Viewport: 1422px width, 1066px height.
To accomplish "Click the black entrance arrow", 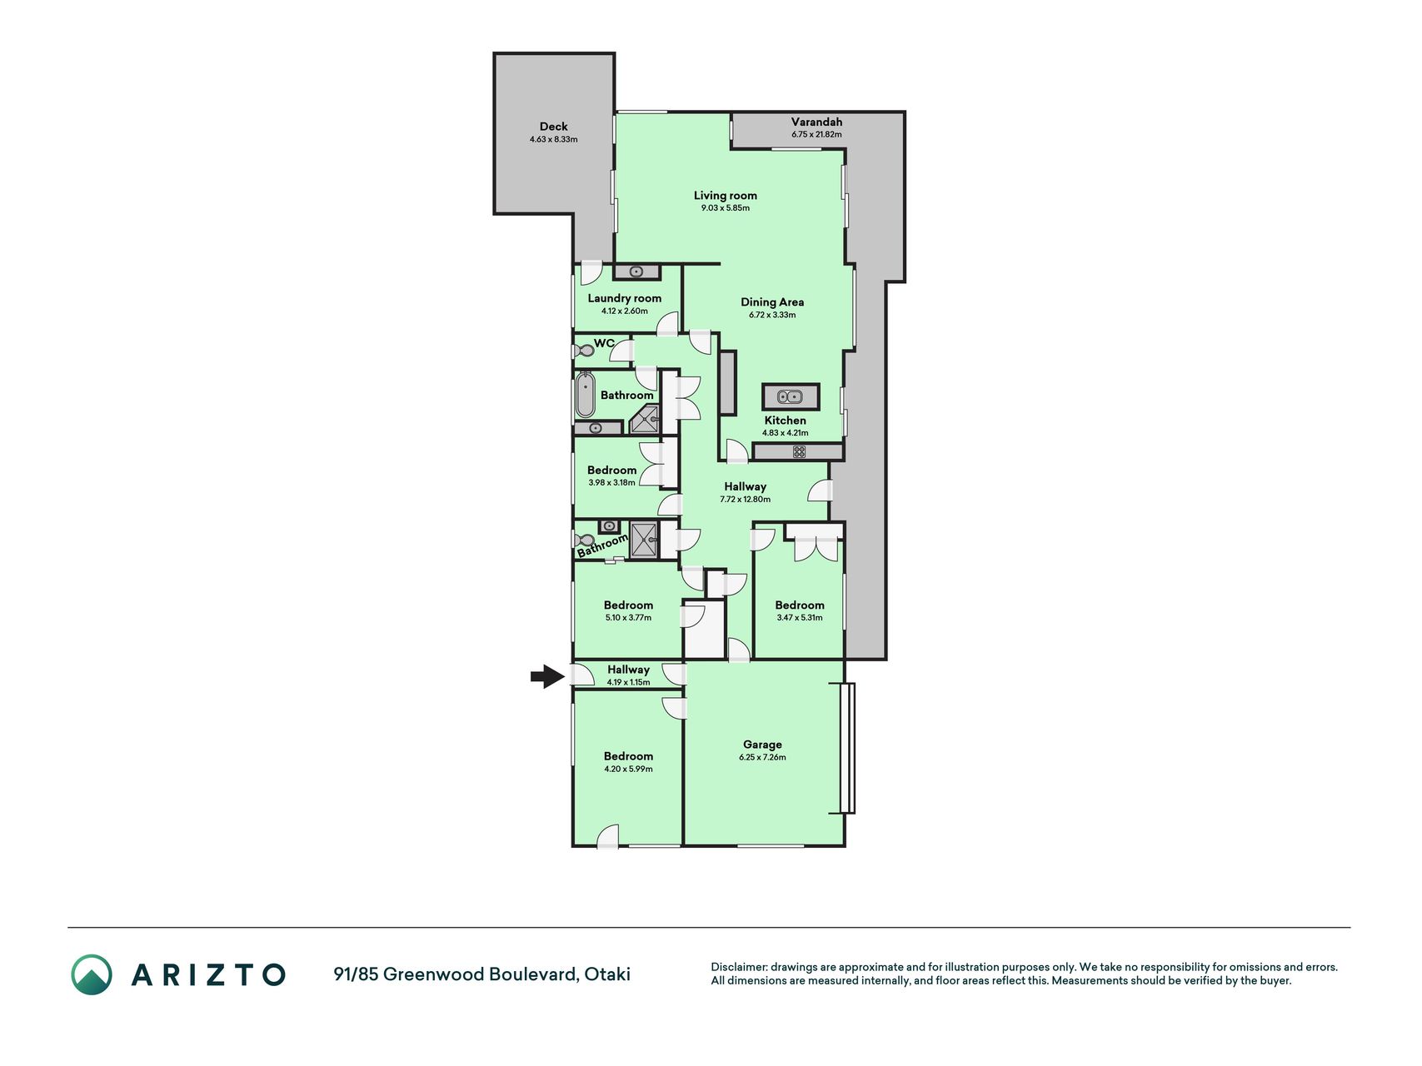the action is click(x=547, y=676).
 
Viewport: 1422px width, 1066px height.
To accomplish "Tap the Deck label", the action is click(x=553, y=127).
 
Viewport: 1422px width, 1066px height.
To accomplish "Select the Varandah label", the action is click(x=816, y=122).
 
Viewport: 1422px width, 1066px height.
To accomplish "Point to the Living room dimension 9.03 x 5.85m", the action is click(x=725, y=208).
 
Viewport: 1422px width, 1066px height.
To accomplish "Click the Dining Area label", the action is click(x=772, y=301).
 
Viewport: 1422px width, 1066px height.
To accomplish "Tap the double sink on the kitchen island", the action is click(x=790, y=396).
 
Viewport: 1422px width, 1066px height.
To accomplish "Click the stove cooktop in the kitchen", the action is click(x=799, y=451).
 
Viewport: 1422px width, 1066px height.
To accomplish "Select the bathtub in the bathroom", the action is click(x=585, y=396).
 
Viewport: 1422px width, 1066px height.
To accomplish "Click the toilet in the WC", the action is click(x=583, y=351).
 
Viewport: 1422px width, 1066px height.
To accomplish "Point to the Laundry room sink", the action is click(x=636, y=271).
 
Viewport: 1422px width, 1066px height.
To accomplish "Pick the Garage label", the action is click(x=762, y=745).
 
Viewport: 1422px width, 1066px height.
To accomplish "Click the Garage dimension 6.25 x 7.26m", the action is click(x=762, y=758).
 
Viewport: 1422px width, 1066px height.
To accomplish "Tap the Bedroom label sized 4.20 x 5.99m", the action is click(x=628, y=756).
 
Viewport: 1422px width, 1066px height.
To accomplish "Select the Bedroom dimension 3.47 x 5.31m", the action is click(x=799, y=618).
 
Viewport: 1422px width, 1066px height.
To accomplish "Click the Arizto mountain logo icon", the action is click(x=91, y=974).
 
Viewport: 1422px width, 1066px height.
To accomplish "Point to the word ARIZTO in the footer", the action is click(x=208, y=974).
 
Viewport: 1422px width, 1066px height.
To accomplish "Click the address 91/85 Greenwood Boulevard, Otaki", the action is click(x=481, y=974).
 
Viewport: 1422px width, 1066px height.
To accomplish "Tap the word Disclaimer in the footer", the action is click(x=738, y=967).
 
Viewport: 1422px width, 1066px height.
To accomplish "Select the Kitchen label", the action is click(x=785, y=421).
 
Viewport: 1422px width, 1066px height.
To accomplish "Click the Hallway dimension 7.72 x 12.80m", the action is click(x=745, y=500).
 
